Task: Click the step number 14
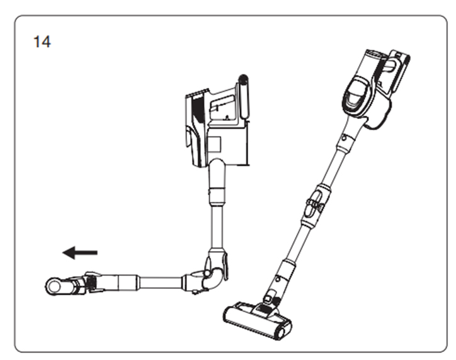tap(42, 42)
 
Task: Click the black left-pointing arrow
tap(80, 252)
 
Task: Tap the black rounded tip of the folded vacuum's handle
tap(243, 79)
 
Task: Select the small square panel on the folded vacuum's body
tap(215, 144)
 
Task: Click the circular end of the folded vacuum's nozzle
tap(54, 286)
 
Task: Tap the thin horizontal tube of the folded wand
tap(161, 282)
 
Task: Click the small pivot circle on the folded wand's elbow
tap(207, 273)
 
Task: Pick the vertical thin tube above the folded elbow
tap(217, 227)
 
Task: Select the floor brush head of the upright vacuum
tap(258, 320)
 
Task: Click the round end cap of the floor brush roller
tap(283, 330)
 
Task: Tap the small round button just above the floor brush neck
tap(278, 279)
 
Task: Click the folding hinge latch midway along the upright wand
tap(315, 204)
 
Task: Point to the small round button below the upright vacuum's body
tap(345, 138)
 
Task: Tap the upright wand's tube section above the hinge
tap(334, 166)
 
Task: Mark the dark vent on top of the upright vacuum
tap(375, 53)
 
